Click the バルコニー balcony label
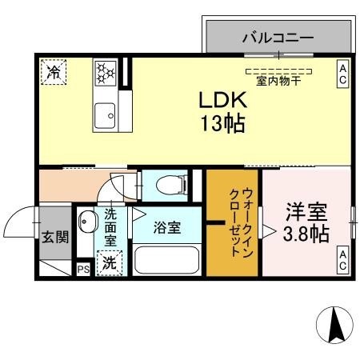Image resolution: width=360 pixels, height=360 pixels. point(278,37)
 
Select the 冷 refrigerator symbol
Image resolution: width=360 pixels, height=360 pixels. point(54,72)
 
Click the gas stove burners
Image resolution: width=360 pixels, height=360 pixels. point(105,72)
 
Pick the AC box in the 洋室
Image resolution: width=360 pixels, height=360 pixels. point(342,259)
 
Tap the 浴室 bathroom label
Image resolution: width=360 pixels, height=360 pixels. point(167,227)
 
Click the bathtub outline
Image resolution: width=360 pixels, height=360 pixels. point(167,261)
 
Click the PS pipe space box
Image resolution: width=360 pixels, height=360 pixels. point(83,270)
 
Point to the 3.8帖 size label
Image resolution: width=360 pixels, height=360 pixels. point(307,234)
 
